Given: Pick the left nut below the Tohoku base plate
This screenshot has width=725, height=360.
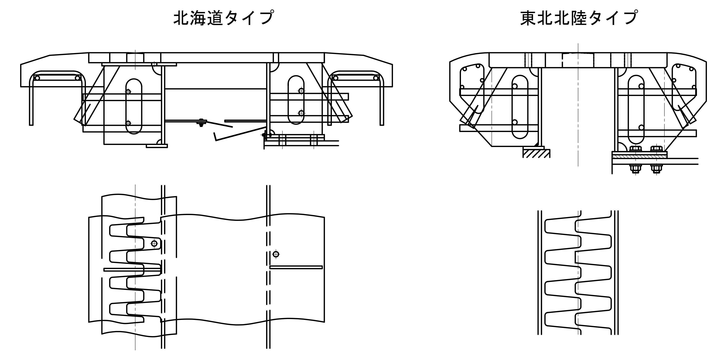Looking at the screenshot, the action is [635, 169].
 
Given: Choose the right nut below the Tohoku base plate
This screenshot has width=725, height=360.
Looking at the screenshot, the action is [657, 169].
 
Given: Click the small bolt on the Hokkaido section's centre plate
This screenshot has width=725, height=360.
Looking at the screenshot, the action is [201, 123].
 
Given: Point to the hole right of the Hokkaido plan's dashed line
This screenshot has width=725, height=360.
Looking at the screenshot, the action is [276, 254].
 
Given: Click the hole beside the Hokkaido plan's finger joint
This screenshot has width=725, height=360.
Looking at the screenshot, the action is [154, 243].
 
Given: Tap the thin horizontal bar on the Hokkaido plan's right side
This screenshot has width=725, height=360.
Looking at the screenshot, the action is [296, 267].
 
